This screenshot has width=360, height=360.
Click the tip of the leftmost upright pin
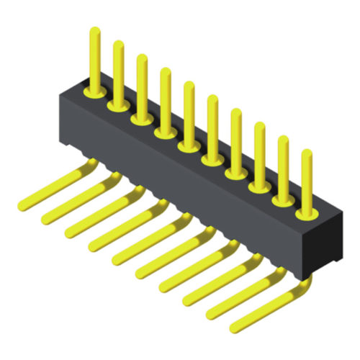[94, 32]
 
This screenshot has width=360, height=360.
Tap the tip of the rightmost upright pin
[307, 153]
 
